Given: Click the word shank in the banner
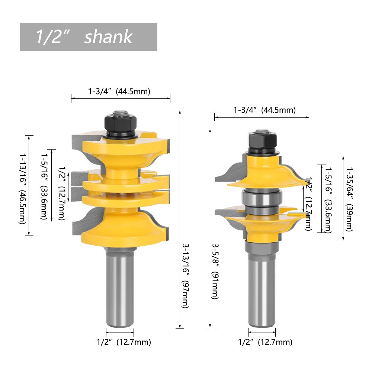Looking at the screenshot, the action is pos(108,36).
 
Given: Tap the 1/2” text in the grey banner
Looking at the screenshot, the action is pos(51,36).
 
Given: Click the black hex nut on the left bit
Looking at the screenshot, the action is pos(120,124).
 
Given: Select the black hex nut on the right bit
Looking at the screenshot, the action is pos(262,141).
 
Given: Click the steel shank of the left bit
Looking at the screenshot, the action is pos(120,287).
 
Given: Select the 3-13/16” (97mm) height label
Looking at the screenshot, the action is pos(185,276).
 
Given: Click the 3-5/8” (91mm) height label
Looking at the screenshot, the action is pos(215,271).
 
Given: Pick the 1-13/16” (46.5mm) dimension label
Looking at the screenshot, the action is pos(22,189).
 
